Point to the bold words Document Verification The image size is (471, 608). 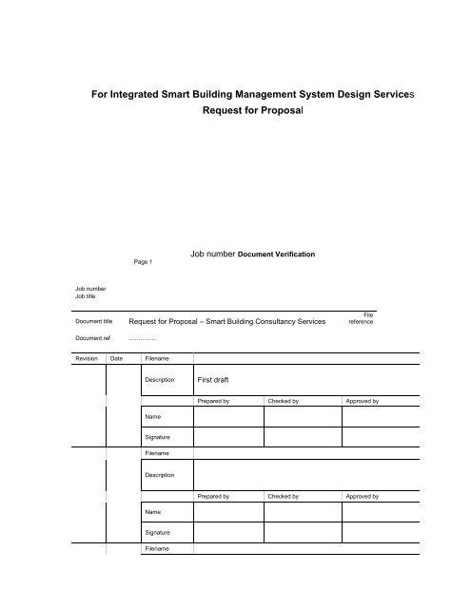(276, 255)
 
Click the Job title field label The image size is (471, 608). (86, 295)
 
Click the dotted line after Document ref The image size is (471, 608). (142, 339)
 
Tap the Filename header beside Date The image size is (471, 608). (156, 358)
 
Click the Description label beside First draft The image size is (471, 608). (160, 379)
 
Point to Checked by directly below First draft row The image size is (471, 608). (284, 403)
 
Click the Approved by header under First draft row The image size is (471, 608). (363, 403)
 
